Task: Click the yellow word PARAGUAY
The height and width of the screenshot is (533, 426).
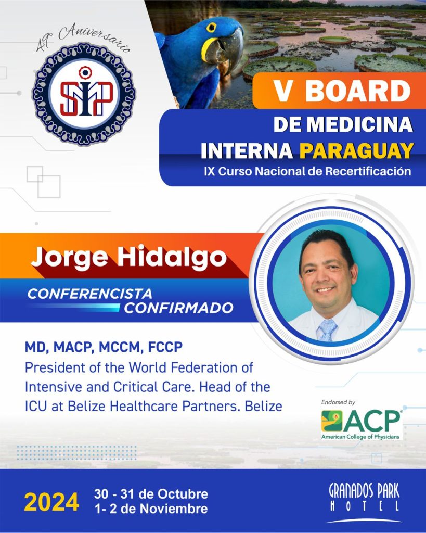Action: [x=356, y=151]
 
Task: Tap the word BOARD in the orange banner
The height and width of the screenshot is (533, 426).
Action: [x=358, y=92]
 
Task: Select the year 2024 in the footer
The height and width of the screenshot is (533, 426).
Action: [x=51, y=502]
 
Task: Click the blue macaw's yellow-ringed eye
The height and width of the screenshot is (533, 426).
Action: [x=211, y=28]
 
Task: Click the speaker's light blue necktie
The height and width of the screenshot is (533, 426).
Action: [x=327, y=329]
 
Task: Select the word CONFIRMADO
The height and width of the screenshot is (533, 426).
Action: [x=179, y=308]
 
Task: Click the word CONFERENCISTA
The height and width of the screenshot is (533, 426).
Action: [x=90, y=294]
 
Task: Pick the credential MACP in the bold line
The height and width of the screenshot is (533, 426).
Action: [x=72, y=347]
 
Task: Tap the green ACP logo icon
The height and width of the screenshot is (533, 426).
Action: [x=332, y=421]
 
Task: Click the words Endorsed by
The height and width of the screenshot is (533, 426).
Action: [x=338, y=402]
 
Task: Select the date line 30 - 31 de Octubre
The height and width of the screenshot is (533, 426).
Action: [x=151, y=494]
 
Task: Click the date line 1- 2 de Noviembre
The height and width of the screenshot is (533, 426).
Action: [x=151, y=509]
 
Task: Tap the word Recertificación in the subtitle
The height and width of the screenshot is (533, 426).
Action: [x=368, y=171]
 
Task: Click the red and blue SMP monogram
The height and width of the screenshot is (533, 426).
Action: [x=86, y=97]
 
